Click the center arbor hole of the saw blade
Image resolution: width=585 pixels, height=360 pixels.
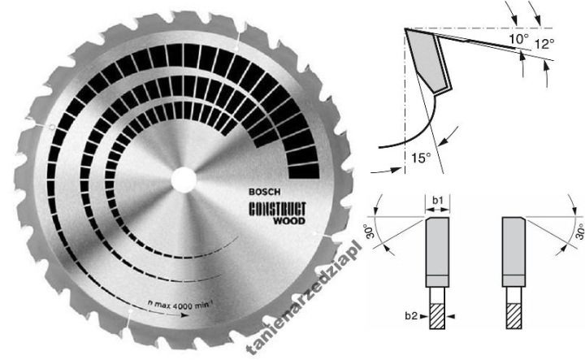(184, 180)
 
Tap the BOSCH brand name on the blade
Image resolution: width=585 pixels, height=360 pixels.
(264, 192)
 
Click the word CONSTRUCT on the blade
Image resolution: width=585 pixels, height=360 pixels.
(277, 209)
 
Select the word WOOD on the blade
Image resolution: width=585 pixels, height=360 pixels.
(289, 220)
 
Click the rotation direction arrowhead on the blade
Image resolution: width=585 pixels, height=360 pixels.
(184, 314)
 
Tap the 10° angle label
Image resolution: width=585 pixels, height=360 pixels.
(519, 39)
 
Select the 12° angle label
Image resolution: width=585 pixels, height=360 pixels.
(544, 44)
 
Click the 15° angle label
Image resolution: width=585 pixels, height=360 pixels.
(421, 158)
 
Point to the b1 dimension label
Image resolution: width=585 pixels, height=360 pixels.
(438, 201)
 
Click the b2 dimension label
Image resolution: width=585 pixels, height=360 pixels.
(411, 316)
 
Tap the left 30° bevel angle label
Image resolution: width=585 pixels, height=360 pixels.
(370, 232)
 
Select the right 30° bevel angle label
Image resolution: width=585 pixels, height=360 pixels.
(580, 232)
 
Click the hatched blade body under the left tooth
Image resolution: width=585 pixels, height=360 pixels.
(437, 316)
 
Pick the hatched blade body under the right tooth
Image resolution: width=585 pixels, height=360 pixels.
(513, 316)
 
